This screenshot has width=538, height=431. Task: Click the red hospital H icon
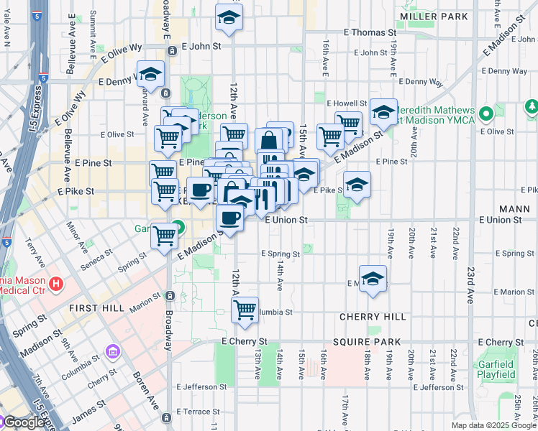[x=56, y=284]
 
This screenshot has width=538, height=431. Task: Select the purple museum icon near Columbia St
[x=113, y=352]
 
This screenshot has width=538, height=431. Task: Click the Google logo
[x=23, y=422]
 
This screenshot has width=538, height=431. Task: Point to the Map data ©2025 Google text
[x=493, y=425]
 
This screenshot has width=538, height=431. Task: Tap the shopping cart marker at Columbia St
[x=245, y=310]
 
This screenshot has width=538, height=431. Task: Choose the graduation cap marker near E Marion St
[x=373, y=279]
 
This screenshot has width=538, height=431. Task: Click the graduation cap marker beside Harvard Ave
[x=150, y=73]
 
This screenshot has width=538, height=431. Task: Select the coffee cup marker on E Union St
[x=229, y=218]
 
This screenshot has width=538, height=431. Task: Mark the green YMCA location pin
[x=487, y=113]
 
